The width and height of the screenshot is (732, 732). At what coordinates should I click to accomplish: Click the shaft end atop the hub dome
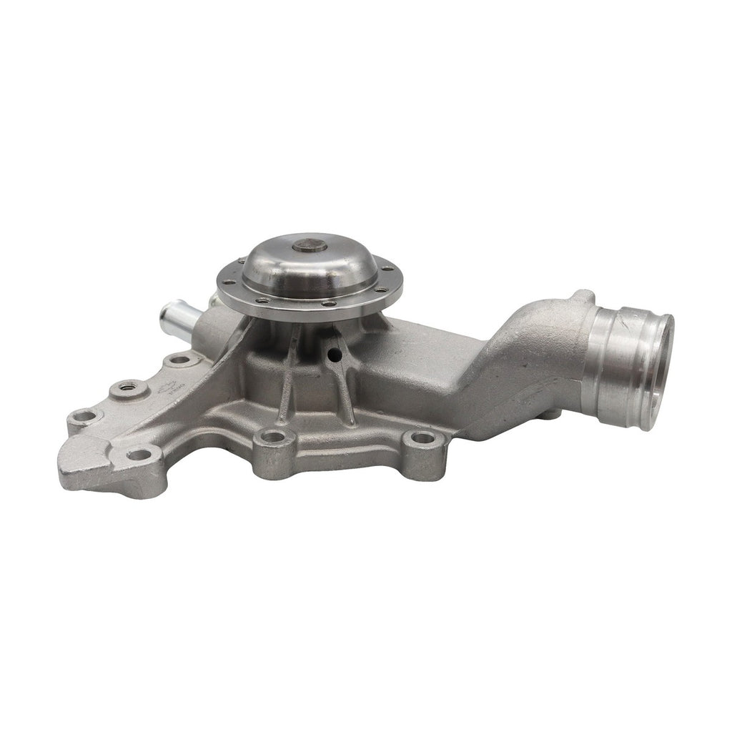[310, 245]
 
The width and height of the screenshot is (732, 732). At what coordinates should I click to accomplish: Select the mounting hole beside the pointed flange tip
[138, 453]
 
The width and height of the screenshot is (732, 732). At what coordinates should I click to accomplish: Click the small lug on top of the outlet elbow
[583, 296]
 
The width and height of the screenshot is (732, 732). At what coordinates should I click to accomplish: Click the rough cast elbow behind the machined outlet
[529, 350]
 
